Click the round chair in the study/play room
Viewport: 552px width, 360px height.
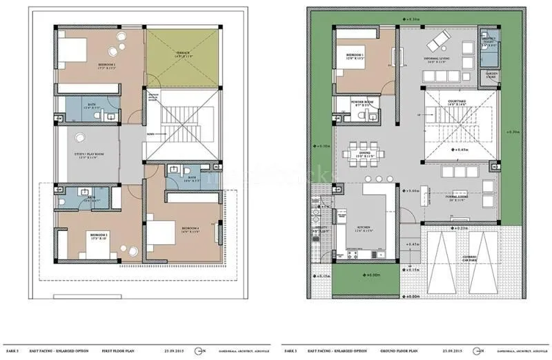[x=80, y=137]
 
